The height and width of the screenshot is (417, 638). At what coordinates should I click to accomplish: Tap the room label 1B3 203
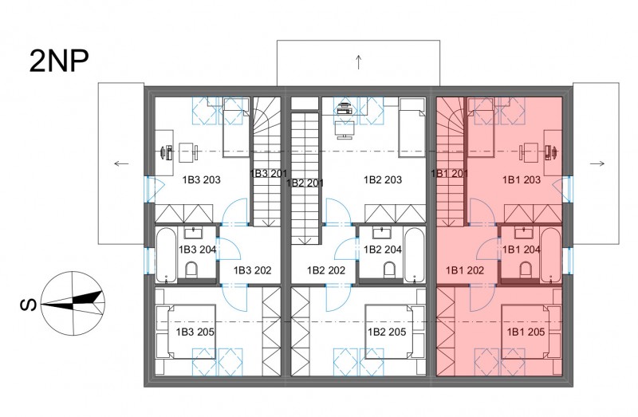pos(202,179)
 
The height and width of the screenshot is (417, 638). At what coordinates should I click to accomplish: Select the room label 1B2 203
pos(383,179)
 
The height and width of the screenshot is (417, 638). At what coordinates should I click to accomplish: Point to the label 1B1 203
pos(522,179)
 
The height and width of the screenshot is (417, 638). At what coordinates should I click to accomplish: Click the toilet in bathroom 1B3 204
pos(191,269)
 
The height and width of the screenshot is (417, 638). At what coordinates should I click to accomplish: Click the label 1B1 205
pos(526,332)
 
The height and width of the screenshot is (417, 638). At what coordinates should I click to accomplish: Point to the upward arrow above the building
pos(358,62)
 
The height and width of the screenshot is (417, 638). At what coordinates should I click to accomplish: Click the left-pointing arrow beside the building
pos(121,163)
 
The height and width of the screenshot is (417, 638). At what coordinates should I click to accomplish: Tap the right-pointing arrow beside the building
pos(597,163)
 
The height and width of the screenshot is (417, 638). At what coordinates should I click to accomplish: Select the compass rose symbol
pos(73,303)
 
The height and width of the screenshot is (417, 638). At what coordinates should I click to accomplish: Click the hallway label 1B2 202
pos(326,270)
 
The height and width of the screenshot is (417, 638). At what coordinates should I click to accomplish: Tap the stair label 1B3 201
pos(269,174)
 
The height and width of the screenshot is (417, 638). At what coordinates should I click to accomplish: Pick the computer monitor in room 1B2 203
pos(345,129)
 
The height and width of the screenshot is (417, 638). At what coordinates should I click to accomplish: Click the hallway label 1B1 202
pos(465,270)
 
